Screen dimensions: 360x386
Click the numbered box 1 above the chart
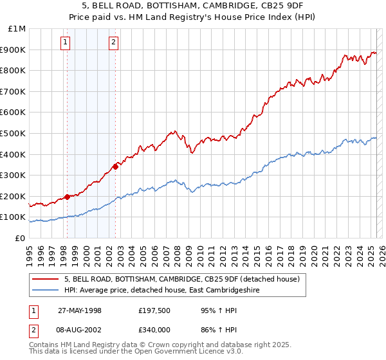coord(66,43)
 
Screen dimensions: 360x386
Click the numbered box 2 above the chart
coord(113,43)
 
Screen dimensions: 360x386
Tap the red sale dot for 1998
coord(67,197)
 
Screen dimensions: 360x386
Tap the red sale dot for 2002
coord(115,166)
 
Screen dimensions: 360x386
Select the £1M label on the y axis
coord(17,29)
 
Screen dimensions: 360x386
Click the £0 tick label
coord(19,238)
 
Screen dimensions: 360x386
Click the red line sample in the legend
coord(46,280)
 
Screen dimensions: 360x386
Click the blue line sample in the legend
coord(46,290)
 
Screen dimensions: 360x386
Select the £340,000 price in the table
coord(154,329)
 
